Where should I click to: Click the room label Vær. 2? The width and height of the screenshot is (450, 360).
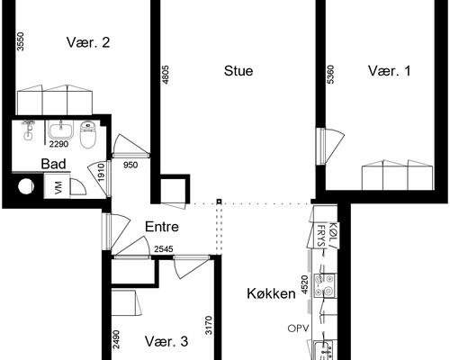pyautogui.click(x=88, y=41)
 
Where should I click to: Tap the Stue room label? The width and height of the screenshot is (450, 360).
pyautogui.click(x=238, y=70)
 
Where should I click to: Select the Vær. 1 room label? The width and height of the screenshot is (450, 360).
pyautogui.click(x=389, y=70)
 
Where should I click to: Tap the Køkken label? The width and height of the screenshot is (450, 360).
pyautogui.click(x=273, y=293)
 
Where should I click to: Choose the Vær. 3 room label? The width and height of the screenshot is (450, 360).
pyautogui.click(x=166, y=341)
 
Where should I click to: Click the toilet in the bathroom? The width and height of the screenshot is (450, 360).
pyautogui.click(x=87, y=134)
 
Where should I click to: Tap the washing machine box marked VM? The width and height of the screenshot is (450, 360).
pyautogui.click(x=58, y=187)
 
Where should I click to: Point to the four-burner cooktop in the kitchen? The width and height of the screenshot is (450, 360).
pyautogui.click(x=328, y=286)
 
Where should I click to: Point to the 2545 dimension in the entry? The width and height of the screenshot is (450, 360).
pyautogui.click(x=164, y=249)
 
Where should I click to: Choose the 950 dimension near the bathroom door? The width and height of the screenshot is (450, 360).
pyautogui.click(x=131, y=164)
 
